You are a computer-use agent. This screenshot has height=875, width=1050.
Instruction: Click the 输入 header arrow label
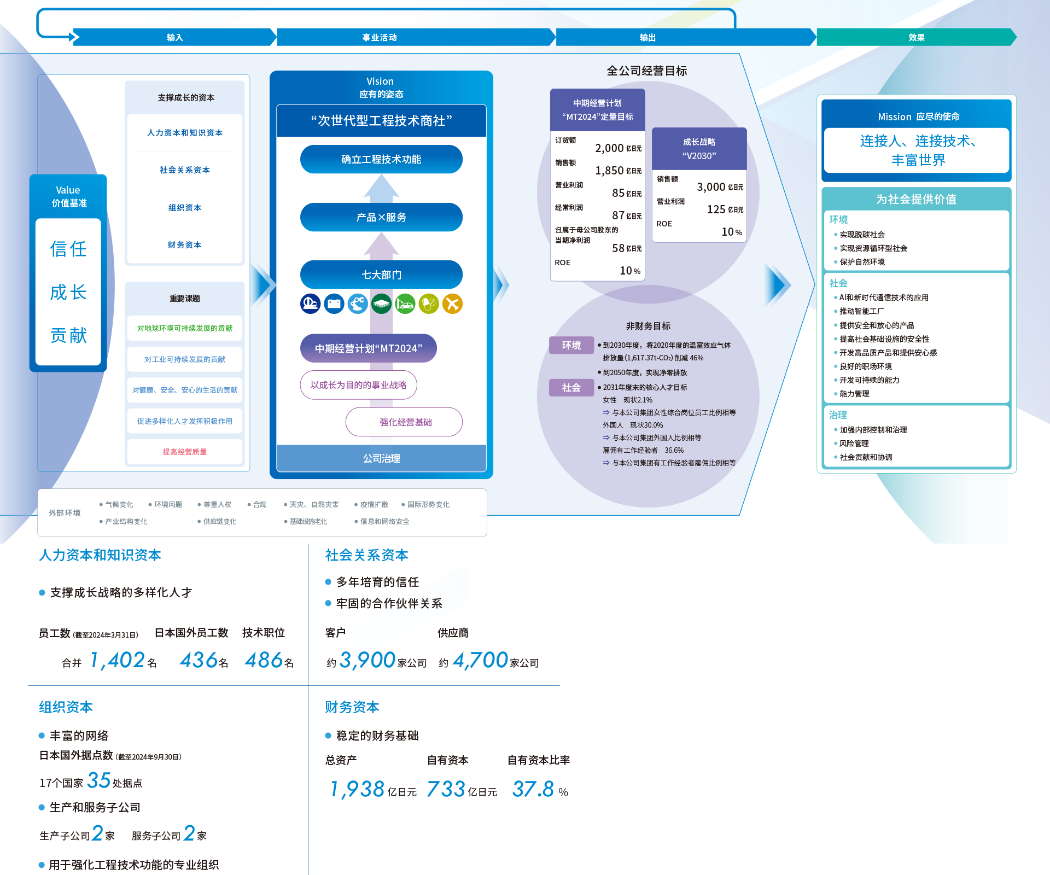click(175, 37)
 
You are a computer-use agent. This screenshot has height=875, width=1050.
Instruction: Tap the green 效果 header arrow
click(917, 37)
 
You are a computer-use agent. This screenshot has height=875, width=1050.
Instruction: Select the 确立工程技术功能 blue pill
click(381, 159)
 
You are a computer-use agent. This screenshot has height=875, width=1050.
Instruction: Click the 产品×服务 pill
click(381, 217)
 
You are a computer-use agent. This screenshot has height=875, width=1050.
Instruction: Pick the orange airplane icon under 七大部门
click(452, 304)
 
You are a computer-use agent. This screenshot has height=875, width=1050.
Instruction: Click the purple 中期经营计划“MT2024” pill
click(369, 348)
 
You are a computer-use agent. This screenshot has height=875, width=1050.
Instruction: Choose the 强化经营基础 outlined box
click(404, 422)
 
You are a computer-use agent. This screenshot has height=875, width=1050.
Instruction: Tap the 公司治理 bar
click(381, 458)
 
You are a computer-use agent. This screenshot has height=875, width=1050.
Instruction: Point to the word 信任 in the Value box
click(68, 249)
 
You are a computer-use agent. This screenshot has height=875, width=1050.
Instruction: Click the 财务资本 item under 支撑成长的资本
click(185, 244)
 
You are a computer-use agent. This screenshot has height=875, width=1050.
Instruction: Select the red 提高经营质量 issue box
click(185, 452)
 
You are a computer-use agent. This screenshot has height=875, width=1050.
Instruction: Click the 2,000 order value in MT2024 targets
click(609, 148)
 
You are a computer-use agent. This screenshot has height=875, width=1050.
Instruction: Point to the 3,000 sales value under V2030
click(711, 187)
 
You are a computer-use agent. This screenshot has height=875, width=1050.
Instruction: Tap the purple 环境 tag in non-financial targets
click(571, 345)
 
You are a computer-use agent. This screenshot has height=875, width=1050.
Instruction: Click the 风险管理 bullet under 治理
click(854, 444)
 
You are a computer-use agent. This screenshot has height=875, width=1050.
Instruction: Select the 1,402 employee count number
click(118, 660)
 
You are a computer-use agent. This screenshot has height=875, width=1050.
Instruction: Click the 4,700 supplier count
click(481, 661)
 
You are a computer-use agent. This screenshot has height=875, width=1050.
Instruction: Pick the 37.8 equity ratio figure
click(533, 789)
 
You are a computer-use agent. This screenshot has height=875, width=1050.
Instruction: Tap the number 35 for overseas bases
click(99, 780)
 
